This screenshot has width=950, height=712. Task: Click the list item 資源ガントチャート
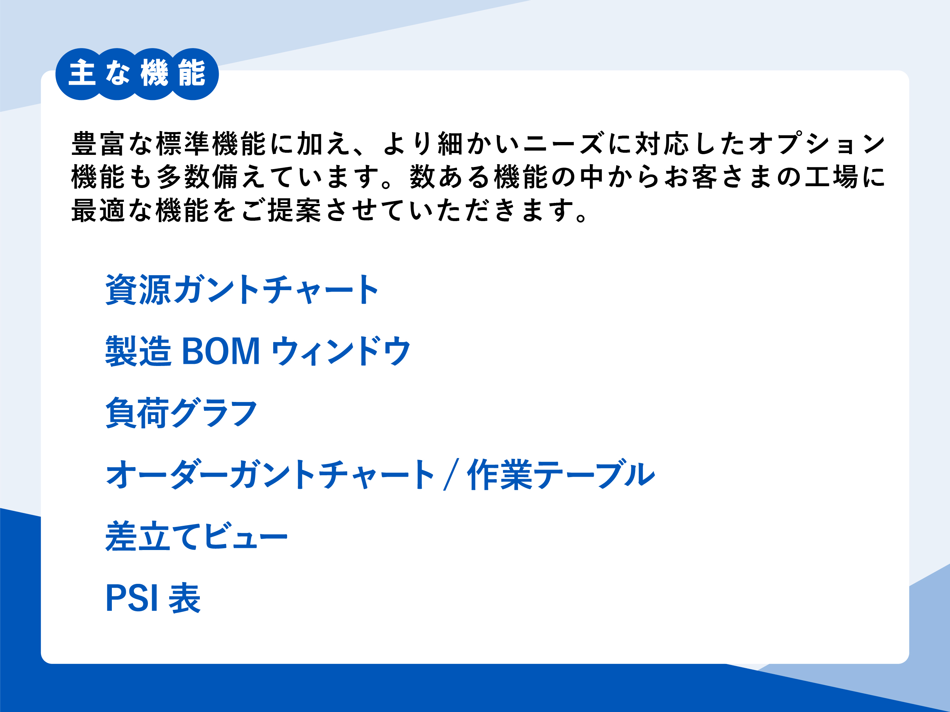(242, 290)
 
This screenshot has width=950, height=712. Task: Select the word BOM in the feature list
(221, 351)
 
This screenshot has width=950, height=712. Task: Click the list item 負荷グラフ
(181, 413)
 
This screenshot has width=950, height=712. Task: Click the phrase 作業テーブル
(561, 474)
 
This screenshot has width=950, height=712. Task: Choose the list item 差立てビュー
(196, 536)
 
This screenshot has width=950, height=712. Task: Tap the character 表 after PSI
(185, 598)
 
